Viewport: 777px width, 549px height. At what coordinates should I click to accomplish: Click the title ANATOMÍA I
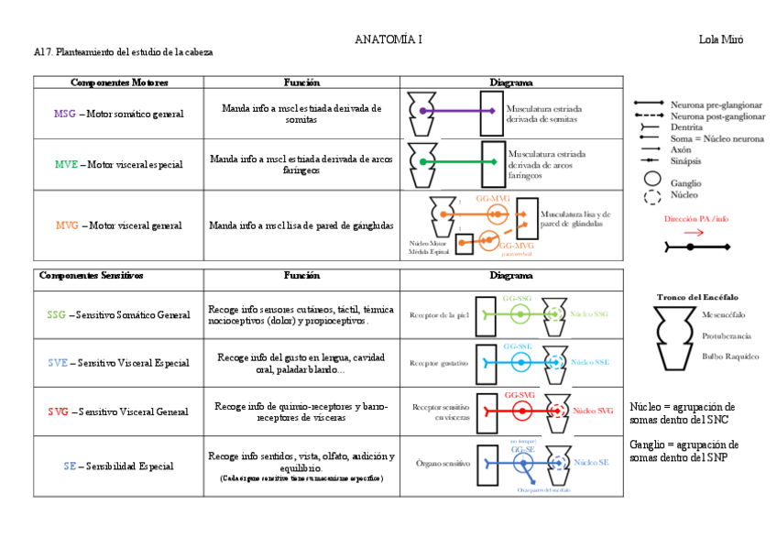(388, 39)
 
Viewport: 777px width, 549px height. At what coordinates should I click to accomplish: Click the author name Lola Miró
(721, 39)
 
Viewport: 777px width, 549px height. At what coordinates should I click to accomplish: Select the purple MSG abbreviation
(65, 114)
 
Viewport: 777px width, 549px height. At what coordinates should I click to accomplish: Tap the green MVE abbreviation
(66, 165)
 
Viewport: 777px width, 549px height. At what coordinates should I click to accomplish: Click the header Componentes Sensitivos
(92, 275)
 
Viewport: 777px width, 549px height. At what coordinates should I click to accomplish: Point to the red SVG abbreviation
(59, 412)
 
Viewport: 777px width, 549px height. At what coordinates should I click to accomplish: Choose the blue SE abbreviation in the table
(70, 466)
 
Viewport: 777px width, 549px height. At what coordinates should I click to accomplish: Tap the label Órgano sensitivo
(443, 463)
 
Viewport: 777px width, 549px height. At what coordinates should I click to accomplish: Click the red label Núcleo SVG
(593, 411)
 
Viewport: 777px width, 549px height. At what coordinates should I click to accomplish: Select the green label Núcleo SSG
(589, 314)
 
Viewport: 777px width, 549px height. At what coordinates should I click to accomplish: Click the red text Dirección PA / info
(697, 219)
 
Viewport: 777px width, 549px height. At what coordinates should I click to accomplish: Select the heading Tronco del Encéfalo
(697, 297)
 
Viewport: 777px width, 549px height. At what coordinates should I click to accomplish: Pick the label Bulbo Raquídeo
(730, 356)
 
